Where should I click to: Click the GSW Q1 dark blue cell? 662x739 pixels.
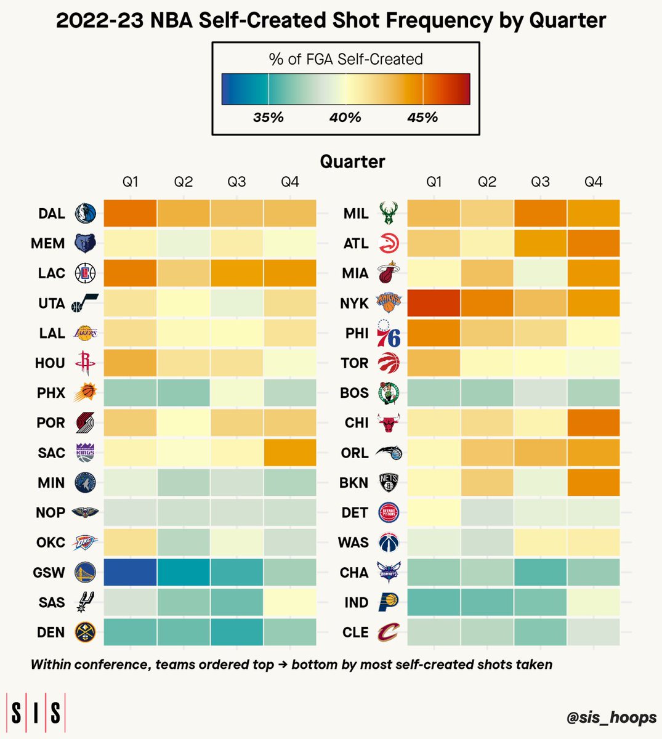pyautogui.click(x=130, y=572)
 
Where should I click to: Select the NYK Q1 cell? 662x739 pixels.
pyautogui.click(x=434, y=303)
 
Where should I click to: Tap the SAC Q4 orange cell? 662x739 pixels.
pyautogui.click(x=290, y=452)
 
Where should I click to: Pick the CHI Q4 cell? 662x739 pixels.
pyautogui.click(x=594, y=422)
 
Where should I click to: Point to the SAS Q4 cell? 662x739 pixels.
pyautogui.click(x=290, y=602)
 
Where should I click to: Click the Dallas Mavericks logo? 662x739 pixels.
pyautogui.click(x=86, y=213)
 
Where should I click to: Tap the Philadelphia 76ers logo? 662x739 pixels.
pyautogui.click(x=389, y=333)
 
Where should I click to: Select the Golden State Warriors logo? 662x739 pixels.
pyautogui.click(x=86, y=572)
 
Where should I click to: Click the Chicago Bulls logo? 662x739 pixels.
pyautogui.click(x=389, y=422)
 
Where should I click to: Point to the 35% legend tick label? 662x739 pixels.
pyautogui.click(x=268, y=118)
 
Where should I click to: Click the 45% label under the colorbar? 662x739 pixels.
pyautogui.click(x=422, y=118)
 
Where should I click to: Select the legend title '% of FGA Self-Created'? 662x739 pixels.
pyautogui.click(x=345, y=59)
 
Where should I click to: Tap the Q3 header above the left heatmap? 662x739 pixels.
pyautogui.click(x=236, y=182)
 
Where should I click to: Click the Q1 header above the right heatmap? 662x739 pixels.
pyautogui.click(x=434, y=182)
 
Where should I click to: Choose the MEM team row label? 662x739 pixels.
pyautogui.click(x=48, y=243)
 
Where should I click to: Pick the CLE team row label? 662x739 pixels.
pyautogui.click(x=355, y=632)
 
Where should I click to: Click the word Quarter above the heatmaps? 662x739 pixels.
pyautogui.click(x=352, y=161)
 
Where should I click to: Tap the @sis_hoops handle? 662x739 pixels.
pyautogui.click(x=612, y=717)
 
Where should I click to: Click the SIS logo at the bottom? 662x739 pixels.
pyautogui.click(x=36, y=712)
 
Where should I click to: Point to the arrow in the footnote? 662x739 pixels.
pyautogui.click(x=283, y=664)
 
